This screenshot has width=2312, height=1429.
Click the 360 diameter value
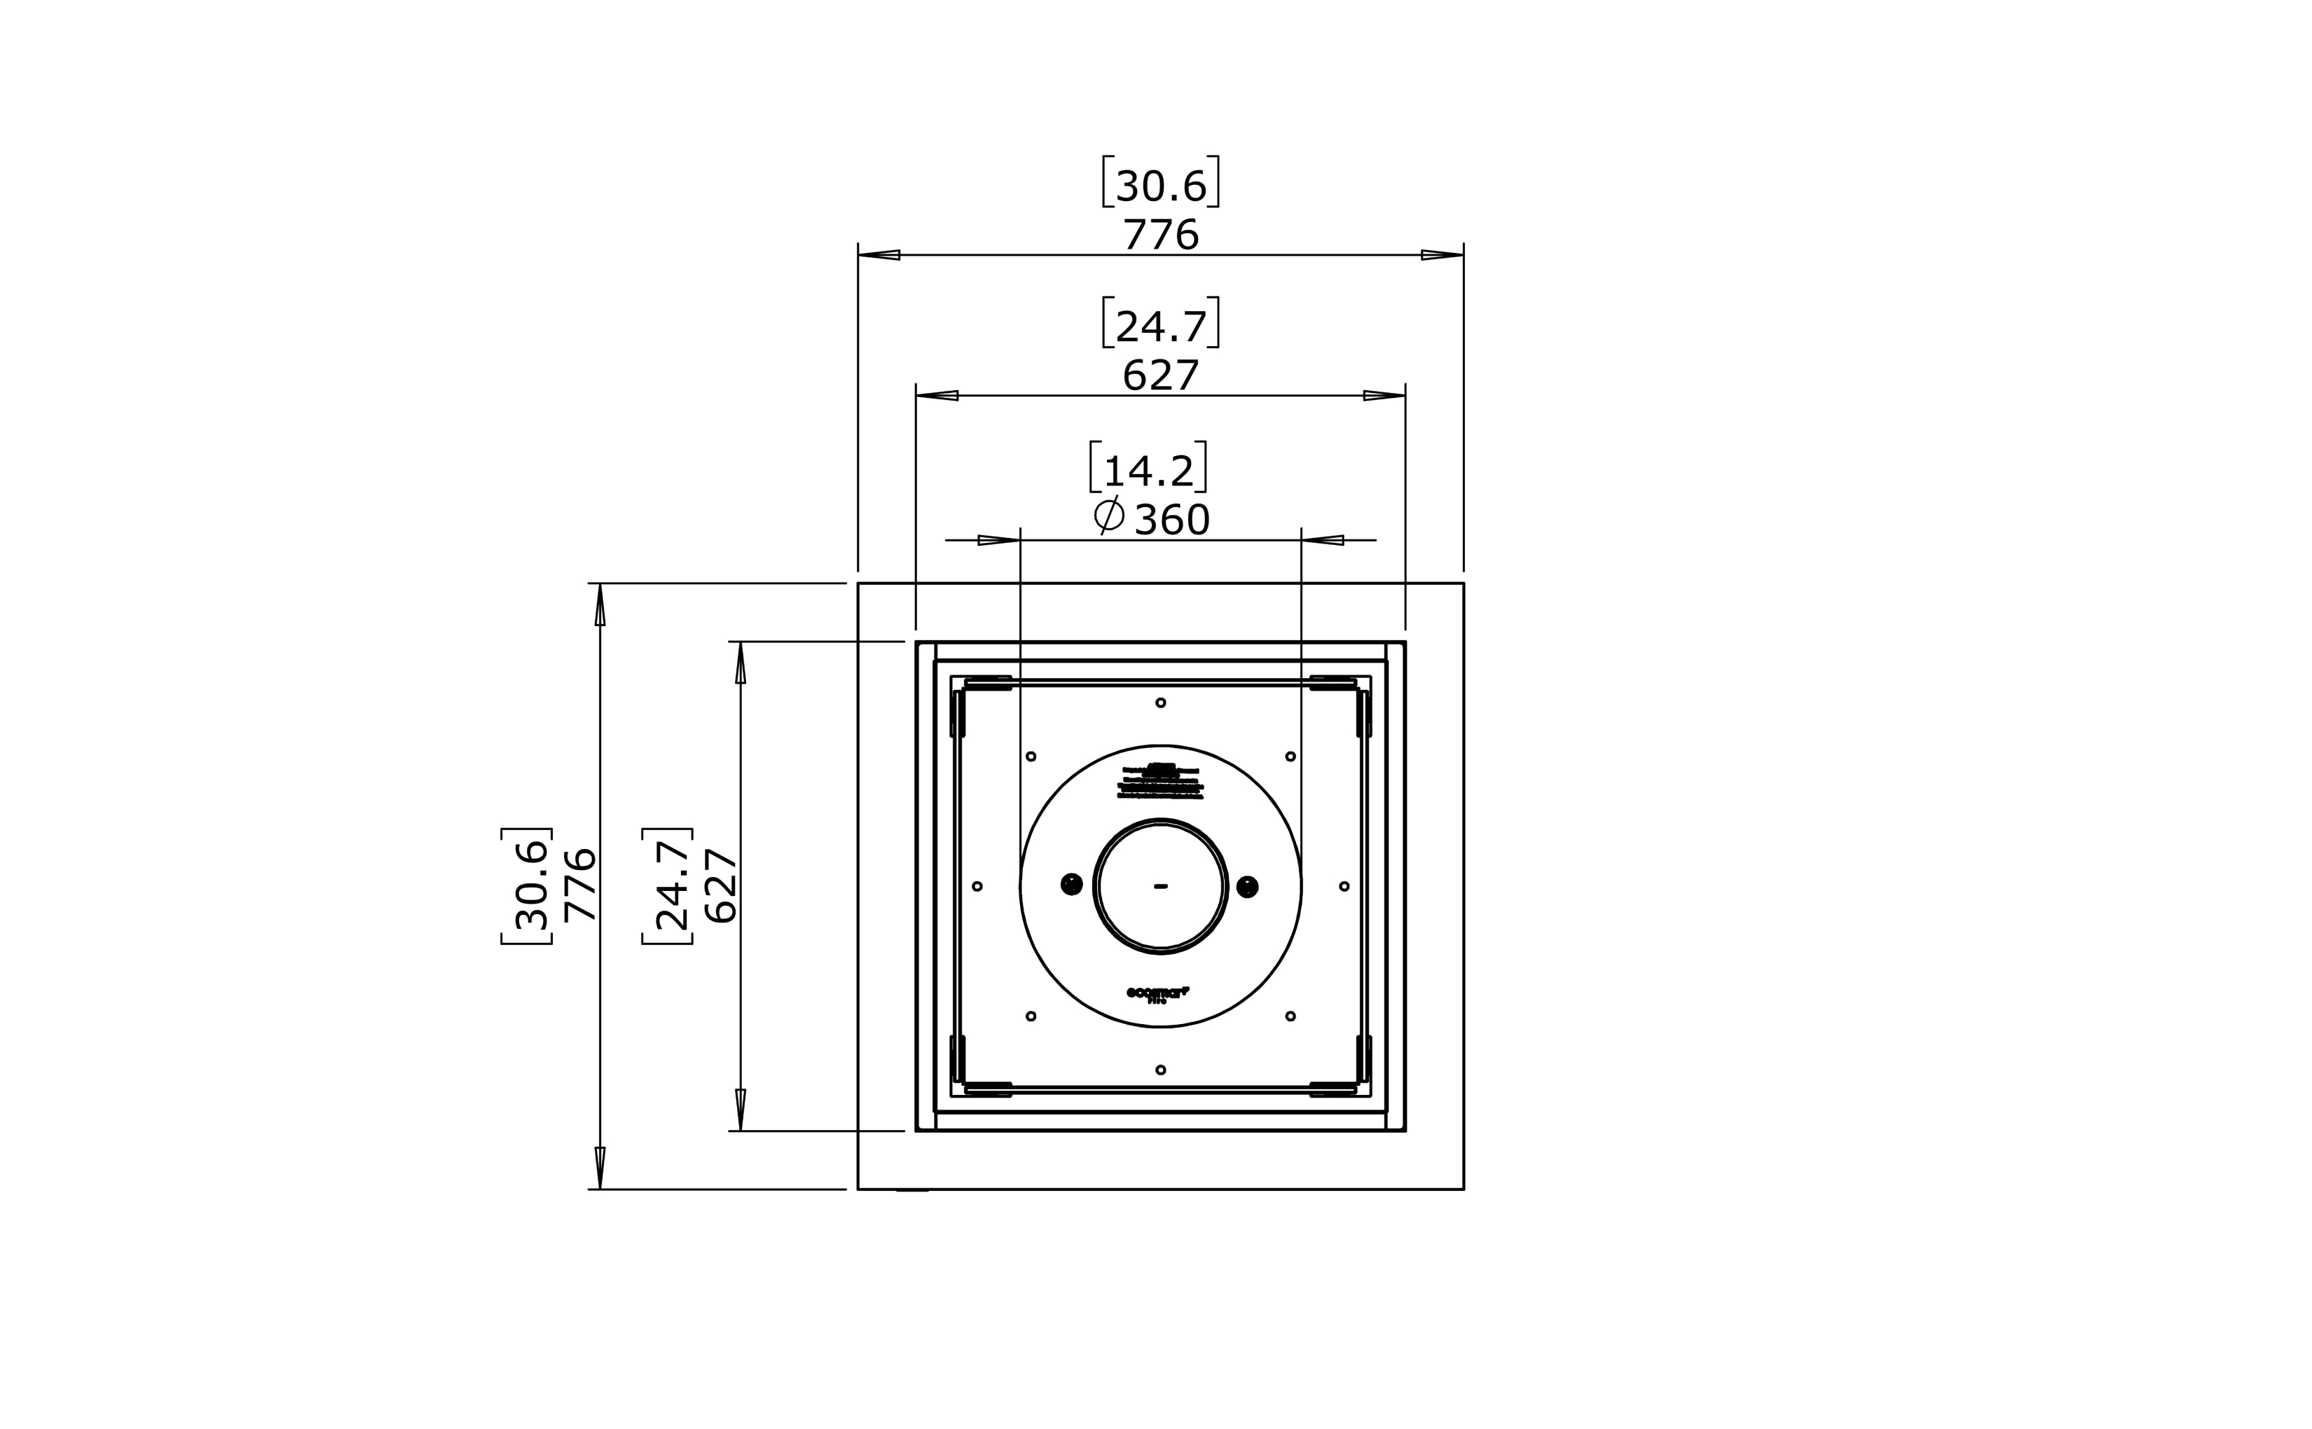tap(1171, 520)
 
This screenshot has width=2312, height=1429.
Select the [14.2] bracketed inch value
tap(1148, 469)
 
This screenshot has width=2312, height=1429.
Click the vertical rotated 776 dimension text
tap(579, 885)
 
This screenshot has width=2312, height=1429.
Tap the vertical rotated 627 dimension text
tap(720, 885)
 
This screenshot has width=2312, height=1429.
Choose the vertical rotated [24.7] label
tap(668, 885)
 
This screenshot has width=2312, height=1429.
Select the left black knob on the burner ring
tap(1071, 885)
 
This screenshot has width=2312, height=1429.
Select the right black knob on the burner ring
tap(1248, 887)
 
